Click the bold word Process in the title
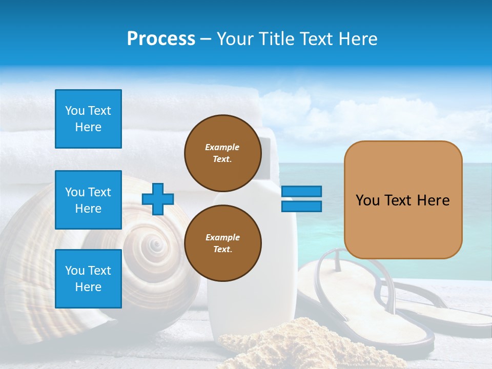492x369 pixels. point(161,39)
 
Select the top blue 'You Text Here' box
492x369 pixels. point(88,119)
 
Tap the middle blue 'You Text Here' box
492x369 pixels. point(88,200)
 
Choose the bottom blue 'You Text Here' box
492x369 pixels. point(88,278)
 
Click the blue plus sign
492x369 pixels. point(158,199)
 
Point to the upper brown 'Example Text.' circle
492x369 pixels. point(222,153)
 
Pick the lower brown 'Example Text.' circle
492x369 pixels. point(222,243)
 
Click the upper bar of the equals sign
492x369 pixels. point(301,191)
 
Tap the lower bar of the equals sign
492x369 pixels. point(301,207)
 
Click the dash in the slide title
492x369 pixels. point(206,39)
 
